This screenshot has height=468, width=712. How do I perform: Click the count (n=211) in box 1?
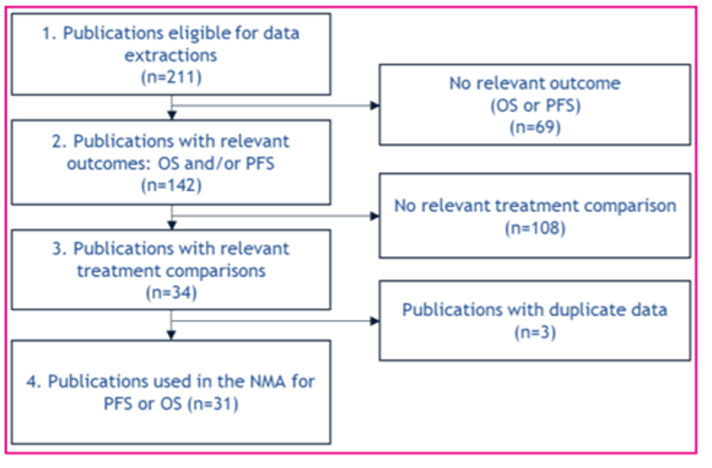pyautogui.click(x=171, y=77)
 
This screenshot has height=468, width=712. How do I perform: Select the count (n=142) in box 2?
pyautogui.click(x=171, y=185)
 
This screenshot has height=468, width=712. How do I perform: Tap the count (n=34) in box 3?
pyautogui.click(x=171, y=293)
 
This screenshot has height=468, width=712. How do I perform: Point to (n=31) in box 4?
pyautogui.click(x=213, y=403)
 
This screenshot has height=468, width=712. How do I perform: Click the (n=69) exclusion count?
pyautogui.click(x=535, y=127)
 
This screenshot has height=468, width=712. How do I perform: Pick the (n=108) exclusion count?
pyautogui.click(x=535, y=228)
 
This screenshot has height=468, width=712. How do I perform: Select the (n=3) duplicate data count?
pyautogui.click(x=535, y=332)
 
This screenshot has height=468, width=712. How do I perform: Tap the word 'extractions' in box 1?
pyautogui.click(x=171, y=55)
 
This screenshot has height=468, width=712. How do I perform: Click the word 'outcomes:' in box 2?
pyautogui.click(x=109, y=163)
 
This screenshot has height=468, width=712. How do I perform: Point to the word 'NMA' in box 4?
pyautogui.click(x=268, y=381)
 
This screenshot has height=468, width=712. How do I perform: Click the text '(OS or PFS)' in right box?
pyautogui.click(x=535, y=106)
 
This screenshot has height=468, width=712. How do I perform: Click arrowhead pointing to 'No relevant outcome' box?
pyautogui.click(x=375, y=106)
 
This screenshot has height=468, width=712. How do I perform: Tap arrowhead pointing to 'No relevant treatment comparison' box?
pyautogui.click(x=375, y=216)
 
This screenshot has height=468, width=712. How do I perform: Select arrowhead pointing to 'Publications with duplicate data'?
pyautogui.click(x=375, y=321)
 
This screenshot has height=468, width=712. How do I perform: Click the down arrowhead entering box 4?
pyautogui.click(x=171, y=335)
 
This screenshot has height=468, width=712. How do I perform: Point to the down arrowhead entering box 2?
pyautogui.click(x=172, y=115)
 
